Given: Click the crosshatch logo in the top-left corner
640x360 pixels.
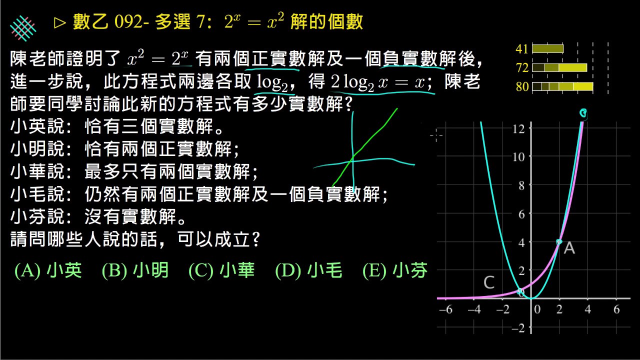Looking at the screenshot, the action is click(23, 28).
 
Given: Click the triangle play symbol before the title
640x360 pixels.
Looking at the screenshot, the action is click(59, 23).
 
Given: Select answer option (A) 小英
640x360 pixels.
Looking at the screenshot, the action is click(48, 270).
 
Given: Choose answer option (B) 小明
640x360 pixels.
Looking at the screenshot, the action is click(135, 270).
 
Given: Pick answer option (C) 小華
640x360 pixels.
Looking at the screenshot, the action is click(221, 270).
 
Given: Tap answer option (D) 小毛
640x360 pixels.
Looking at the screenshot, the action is click(308, 270).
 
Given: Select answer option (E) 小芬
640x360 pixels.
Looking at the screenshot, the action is click(395, 270).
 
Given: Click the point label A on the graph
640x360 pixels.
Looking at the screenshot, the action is click(569, 247).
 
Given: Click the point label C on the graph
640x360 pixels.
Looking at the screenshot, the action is click(489, 282).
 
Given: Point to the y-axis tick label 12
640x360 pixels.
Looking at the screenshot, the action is click(518, 129).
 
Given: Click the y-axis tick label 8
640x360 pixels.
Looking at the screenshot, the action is click(521, 186).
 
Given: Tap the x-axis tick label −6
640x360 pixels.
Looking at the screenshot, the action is click(445, 309).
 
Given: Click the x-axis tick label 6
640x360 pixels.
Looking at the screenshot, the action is click(616, 309).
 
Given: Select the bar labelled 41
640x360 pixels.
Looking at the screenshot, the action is click(547, 49).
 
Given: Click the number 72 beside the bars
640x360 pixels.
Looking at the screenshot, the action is click(522, 68).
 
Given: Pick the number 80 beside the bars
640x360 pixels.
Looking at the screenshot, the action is click(522, 86).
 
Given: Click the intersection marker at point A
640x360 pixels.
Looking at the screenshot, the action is click(559, 241).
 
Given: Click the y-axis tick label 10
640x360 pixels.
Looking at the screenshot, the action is click(518, 157).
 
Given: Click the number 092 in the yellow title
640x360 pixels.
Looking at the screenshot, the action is click(128, 21).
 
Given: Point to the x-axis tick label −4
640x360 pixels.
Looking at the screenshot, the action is click(474, 309).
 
